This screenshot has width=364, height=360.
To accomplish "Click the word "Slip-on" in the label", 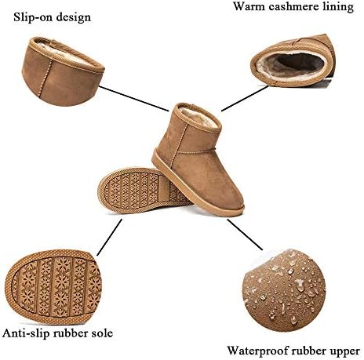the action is [33, 17].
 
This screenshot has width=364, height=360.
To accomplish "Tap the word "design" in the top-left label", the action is [74, 18].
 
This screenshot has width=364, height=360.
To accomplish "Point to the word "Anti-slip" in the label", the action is [27, 333].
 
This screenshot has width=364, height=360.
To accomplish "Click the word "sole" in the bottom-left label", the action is [101, 333].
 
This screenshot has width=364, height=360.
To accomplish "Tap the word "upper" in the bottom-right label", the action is [344, 351].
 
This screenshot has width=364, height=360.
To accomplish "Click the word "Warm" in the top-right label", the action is [249, 6].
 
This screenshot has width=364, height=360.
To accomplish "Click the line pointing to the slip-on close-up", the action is [134, 98].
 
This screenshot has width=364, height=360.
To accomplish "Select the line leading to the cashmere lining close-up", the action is [245, 98].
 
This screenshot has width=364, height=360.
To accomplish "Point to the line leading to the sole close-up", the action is [109, 237].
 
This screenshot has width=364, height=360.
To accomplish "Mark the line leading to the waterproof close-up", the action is [245, 235].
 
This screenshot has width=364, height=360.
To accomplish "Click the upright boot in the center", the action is [198, 159].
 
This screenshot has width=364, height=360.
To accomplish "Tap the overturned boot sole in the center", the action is [144, 189].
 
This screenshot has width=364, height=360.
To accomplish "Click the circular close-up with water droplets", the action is [285, 290].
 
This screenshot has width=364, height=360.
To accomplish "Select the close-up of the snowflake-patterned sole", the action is [53, 287].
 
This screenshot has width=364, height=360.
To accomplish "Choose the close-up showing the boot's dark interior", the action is [292, 60].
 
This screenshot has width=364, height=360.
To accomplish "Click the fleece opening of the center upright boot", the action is [199, 117].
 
